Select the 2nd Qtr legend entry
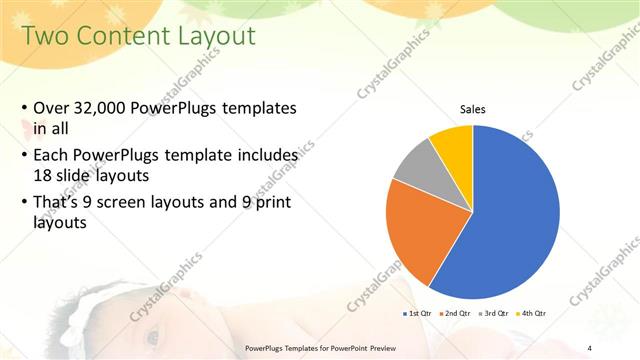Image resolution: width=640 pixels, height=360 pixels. tap(456, 313)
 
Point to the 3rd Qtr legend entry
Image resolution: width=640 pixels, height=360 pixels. tap(495, 313)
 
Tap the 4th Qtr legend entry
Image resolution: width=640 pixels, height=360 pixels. tap(533, 313)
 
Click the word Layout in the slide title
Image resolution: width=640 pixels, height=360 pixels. tap(216, 37)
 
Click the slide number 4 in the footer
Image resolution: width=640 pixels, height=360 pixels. tap(590, 347)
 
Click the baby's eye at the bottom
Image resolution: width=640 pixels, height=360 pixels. tap(152, 336)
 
